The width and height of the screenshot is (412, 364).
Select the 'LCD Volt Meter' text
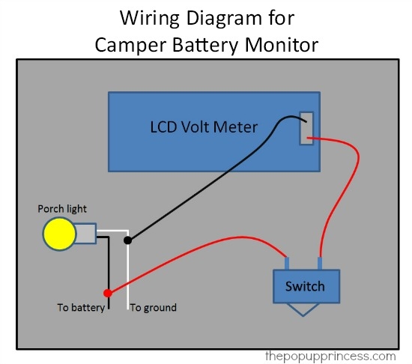(203, 127)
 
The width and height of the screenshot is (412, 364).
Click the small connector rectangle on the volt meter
(306, 129)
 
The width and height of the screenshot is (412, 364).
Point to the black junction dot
(128, 240)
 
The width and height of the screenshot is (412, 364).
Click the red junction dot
(108, 293)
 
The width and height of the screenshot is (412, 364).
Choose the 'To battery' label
(80, 307)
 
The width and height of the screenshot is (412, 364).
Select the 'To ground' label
(154, 307)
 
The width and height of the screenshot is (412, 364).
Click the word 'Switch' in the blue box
(305, 286)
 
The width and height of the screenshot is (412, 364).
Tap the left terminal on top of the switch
(287, 263)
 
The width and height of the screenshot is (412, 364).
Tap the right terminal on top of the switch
(321, 263)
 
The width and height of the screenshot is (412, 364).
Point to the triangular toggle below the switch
(304, 309)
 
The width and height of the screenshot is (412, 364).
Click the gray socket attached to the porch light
(85, 234)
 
